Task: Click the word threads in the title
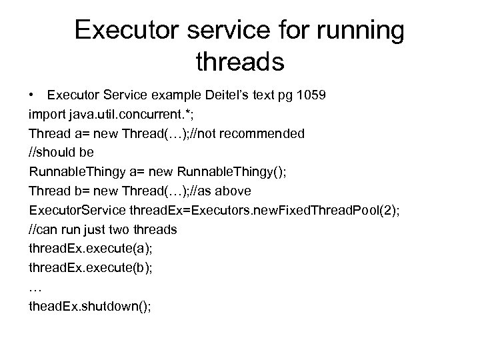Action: tap(240, 63)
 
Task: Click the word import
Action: tap(47, 115)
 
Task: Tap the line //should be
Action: tap(61, 153)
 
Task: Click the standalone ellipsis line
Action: tap(35, 289)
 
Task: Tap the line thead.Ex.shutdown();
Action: tap(90, 308)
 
